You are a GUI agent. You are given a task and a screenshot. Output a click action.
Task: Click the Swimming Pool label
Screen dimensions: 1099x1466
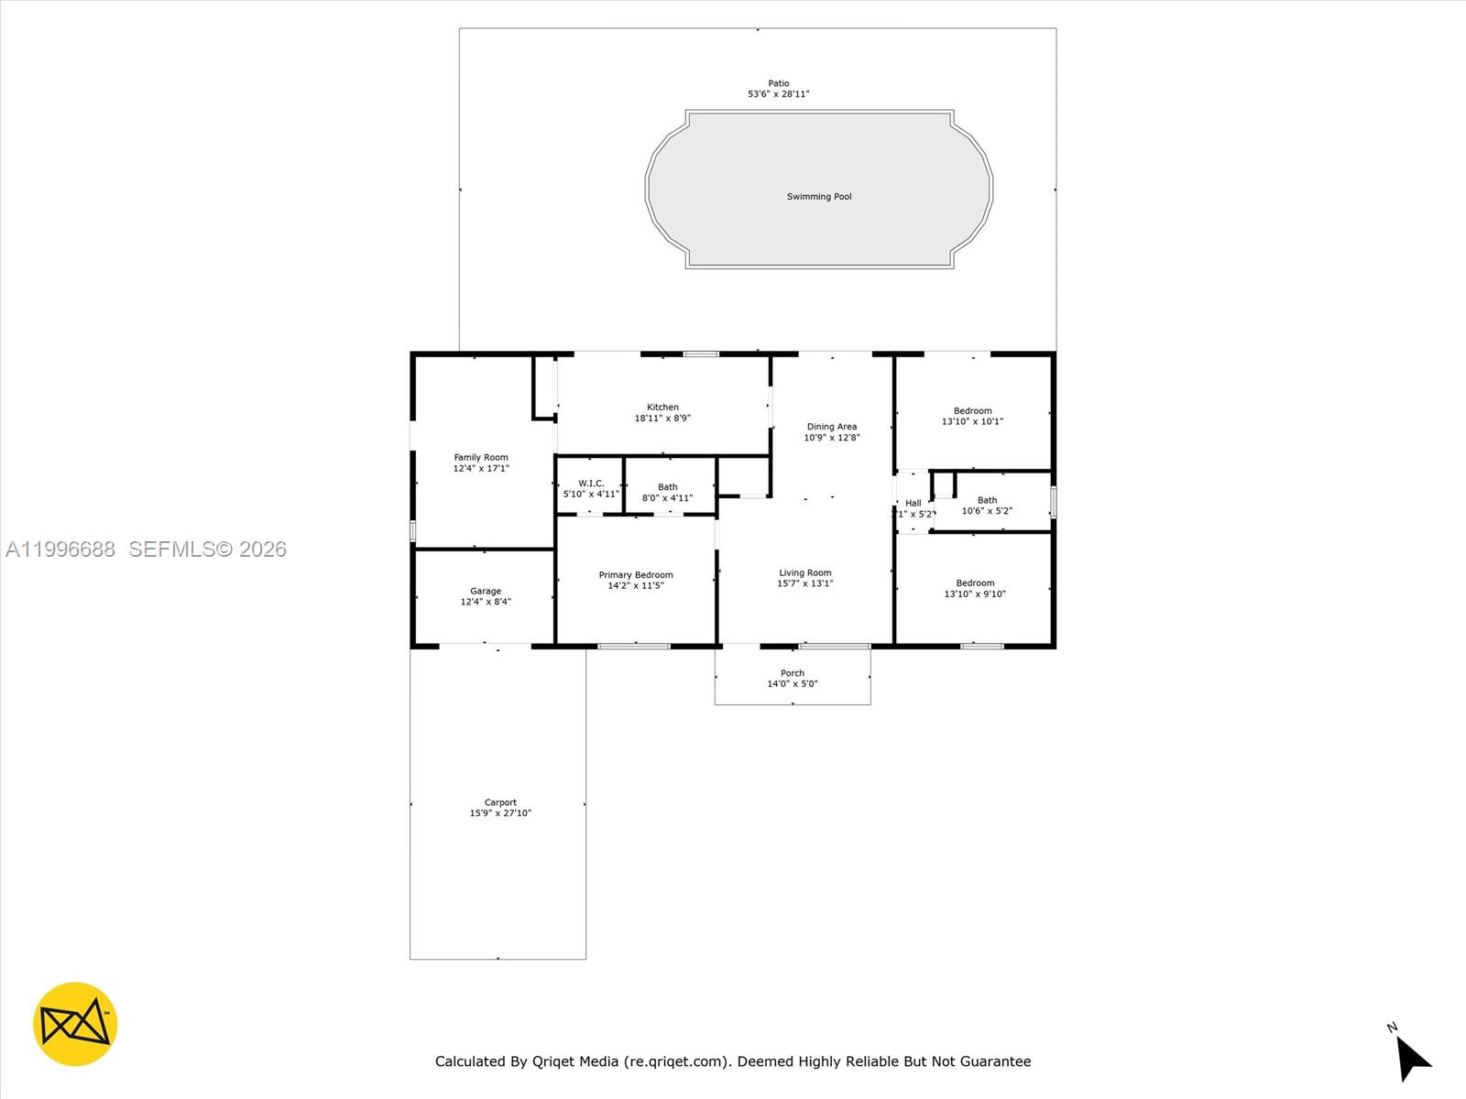click(x=818, y=197)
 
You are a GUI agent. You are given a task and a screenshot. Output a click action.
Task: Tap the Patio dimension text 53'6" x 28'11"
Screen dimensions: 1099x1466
click(x=778, y=94)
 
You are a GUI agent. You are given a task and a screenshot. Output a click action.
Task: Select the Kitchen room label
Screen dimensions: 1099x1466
click(x=662, y=408)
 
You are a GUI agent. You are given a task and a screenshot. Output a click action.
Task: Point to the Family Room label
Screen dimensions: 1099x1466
click(x=481, y=458)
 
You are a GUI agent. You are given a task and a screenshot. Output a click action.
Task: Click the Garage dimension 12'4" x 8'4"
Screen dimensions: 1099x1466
click(x=486, y=603)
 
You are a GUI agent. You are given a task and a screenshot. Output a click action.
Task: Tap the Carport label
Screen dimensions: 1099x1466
click(x=500, y=802)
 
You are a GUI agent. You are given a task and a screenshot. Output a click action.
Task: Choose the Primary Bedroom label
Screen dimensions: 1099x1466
click(x=636, y=575)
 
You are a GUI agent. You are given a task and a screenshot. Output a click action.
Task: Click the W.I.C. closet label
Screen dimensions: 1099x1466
click(x=591, y=484)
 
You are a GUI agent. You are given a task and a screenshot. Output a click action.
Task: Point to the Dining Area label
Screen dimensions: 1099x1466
click(x=831, y=427)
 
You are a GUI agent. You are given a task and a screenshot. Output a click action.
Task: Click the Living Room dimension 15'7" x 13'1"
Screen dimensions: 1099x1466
click(x=805, y=583)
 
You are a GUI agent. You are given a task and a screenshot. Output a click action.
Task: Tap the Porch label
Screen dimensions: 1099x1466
click(x=793, y=673)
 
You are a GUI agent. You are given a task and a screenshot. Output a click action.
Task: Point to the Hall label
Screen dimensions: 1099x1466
click(x=914, y=503)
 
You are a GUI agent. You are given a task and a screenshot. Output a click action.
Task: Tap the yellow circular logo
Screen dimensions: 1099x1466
click(x=75, y=1024)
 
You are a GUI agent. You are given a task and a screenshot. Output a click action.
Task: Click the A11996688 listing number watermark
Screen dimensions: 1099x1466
click(x=60, y=549)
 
